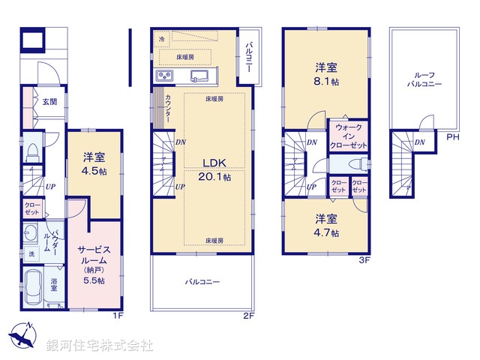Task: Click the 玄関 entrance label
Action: point(49,102)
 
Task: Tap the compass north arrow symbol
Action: point(22,336)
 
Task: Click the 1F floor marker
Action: point(117,315)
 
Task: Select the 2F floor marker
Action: point(249,315)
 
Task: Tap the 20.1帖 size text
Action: point(214,177)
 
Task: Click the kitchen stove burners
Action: point(164,76)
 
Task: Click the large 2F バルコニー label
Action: point(202,282)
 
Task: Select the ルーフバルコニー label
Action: point(424,79)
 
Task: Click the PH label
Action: point(453,138)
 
